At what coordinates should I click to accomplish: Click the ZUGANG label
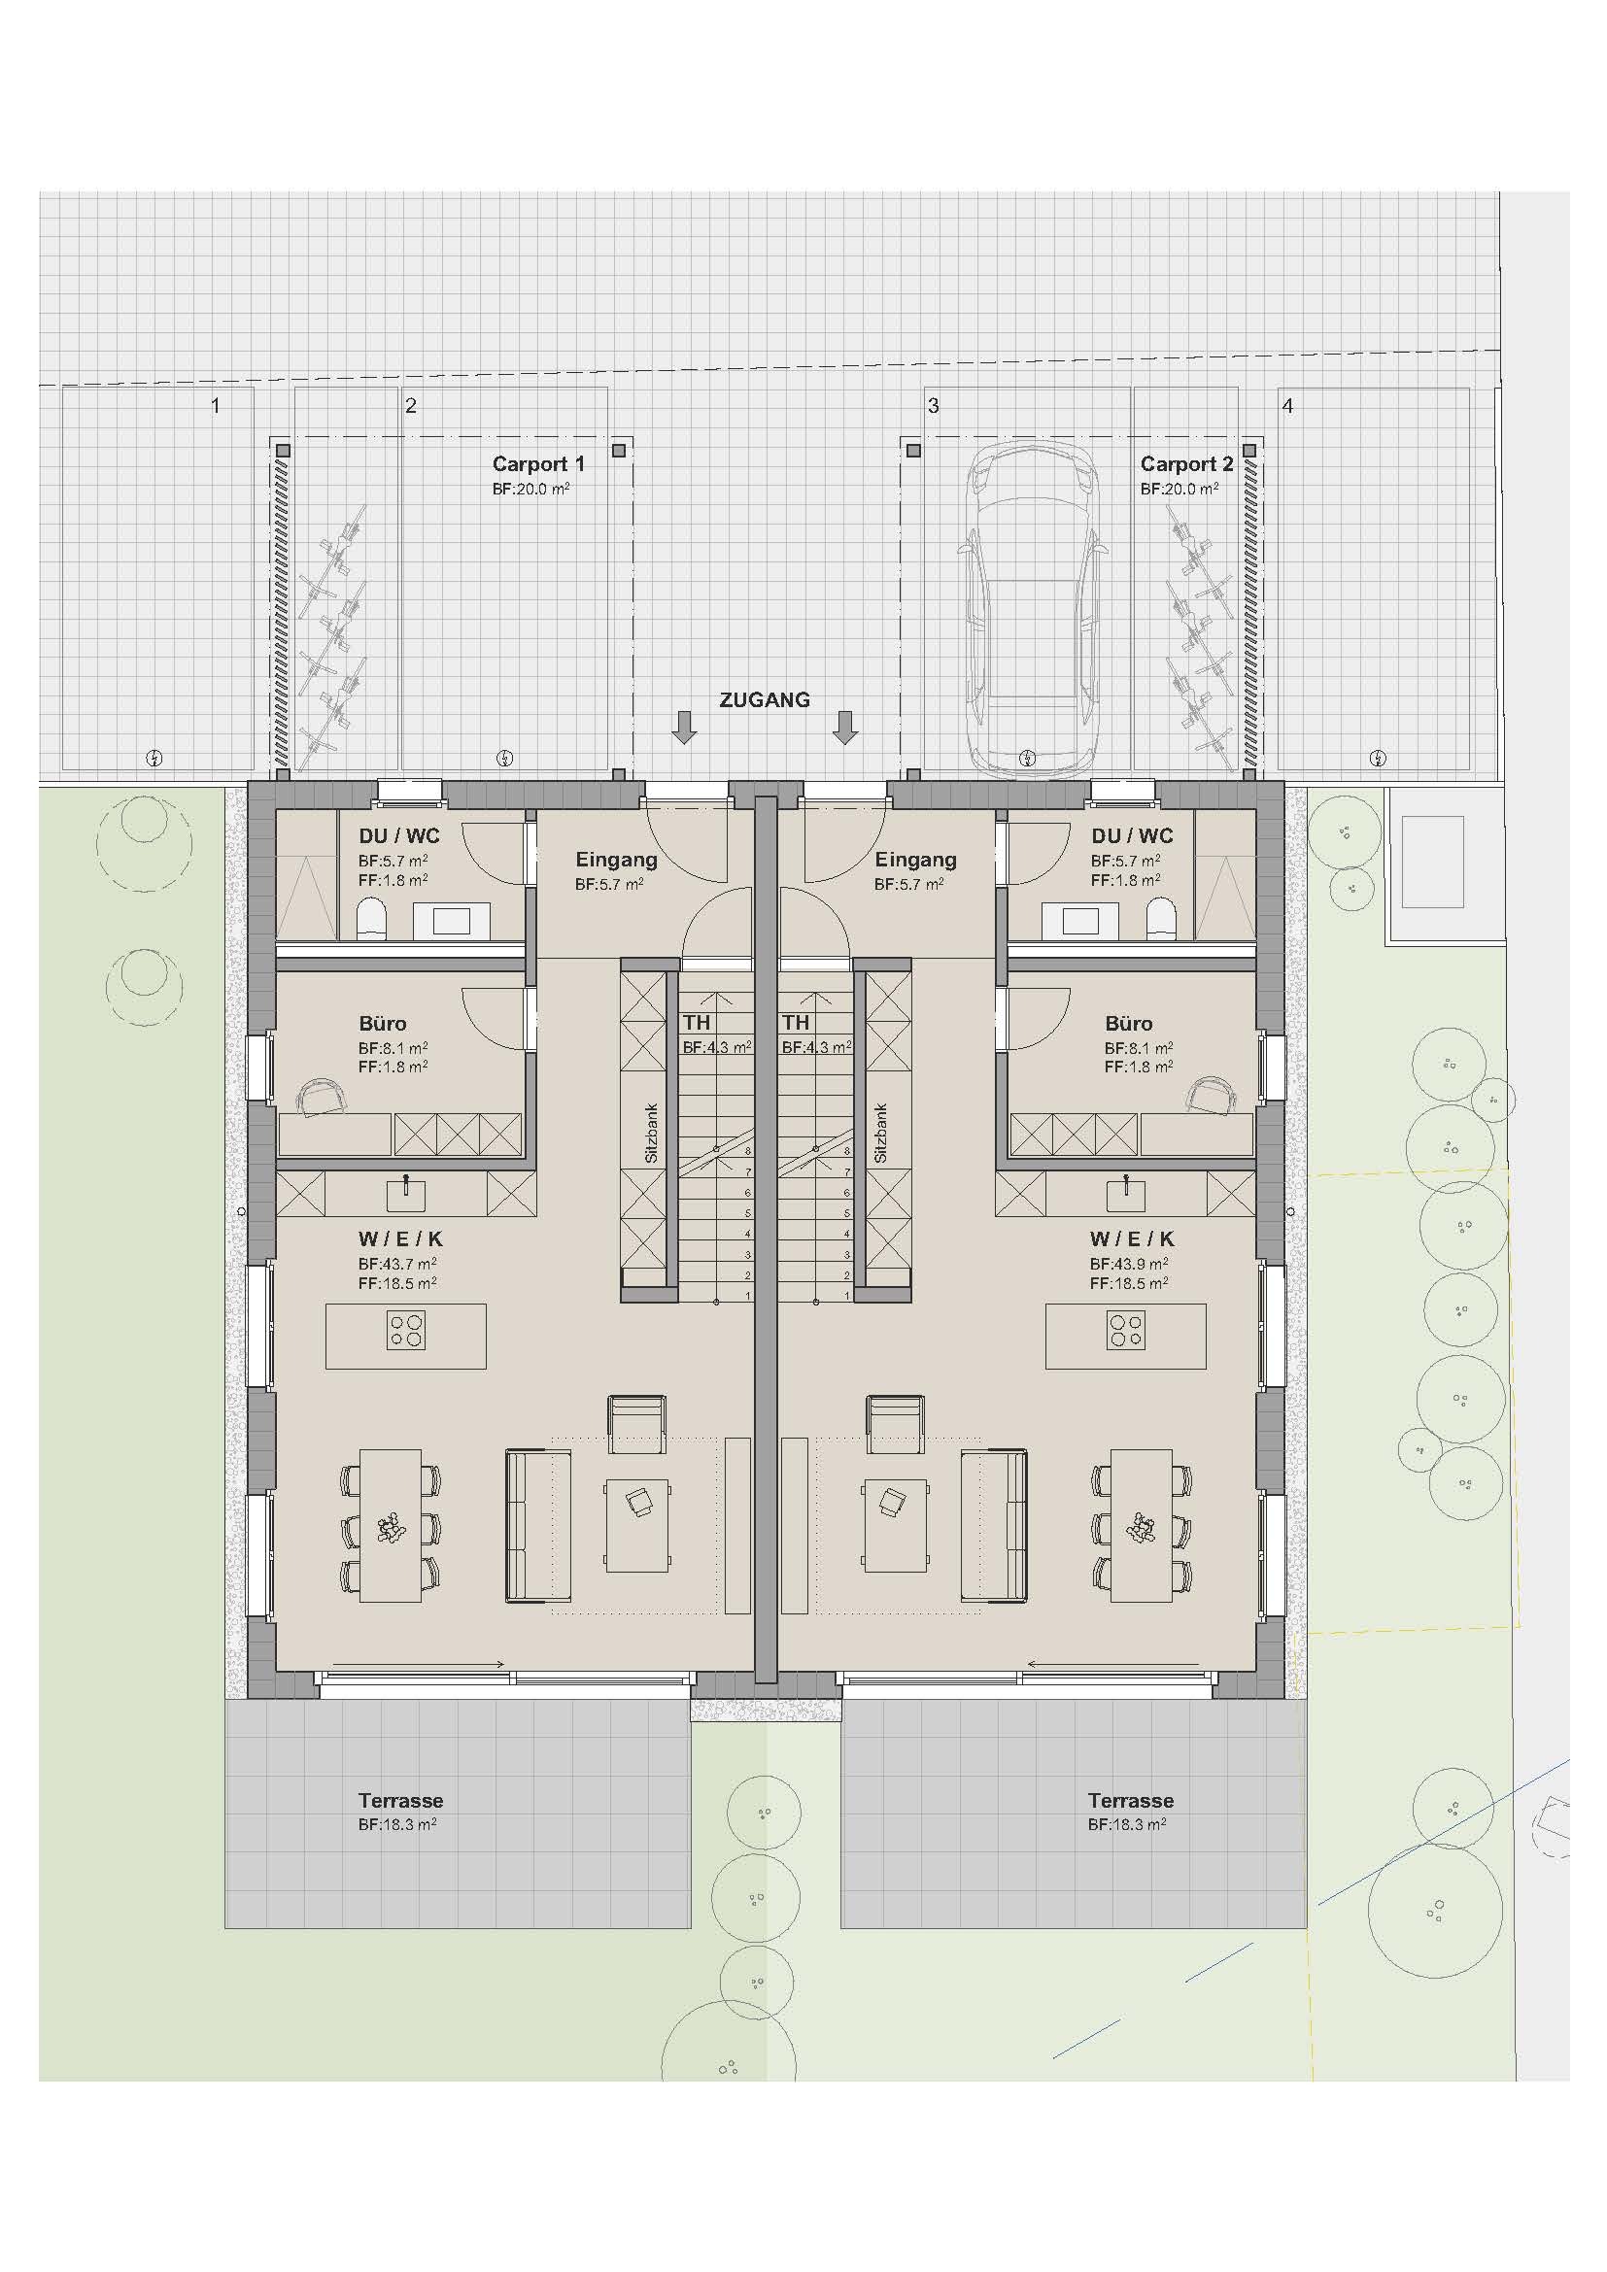(x=764, y=699)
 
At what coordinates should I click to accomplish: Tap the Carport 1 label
(x=538, y=463)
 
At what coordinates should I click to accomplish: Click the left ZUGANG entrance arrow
(x=684, y=728)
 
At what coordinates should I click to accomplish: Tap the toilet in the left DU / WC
(x=370, y=919)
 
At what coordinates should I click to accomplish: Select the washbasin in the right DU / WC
(x=1079, y=921)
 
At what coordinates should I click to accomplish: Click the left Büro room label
(x=383, y=1023)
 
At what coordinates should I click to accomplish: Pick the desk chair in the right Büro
(x=1210, y=1095)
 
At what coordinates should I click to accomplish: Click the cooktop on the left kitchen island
(x=407, y=1330)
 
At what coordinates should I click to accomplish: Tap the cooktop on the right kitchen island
(x=1126, y=1330)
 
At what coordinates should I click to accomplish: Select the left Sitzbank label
(x=651, y=1133)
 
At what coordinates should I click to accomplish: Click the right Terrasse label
(x=1130, y=1800)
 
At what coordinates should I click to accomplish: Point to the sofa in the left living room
(x=538, y=1525)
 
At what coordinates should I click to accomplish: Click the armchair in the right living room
(x=896, y=1423)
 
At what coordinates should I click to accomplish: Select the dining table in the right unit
(x=1141, y=1525)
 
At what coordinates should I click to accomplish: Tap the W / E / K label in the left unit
(x=400, y=1238)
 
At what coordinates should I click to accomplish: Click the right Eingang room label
(x=915, y=859)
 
